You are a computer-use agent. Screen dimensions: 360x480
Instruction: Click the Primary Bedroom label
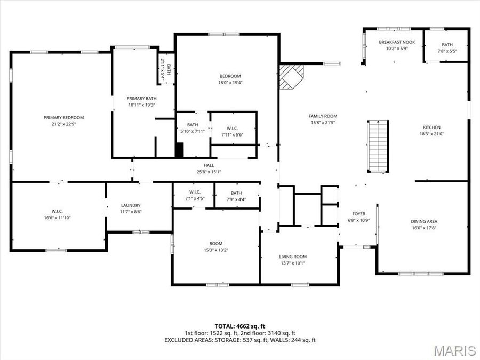[x=63, y=118]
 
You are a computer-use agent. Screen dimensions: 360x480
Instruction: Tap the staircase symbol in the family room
[x=378, y=146]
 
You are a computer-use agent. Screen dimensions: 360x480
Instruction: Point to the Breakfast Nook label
[x=397, y=42]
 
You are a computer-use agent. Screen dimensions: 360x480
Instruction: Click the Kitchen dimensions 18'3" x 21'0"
[x=431, y=134]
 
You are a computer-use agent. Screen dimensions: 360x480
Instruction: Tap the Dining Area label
[x=424, y=221]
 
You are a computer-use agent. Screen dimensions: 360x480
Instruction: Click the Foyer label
[x=358, y=214]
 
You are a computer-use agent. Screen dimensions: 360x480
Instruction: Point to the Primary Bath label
[x=141, y=99]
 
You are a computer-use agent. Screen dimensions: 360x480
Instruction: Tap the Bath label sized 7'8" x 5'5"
[x=447, y=45]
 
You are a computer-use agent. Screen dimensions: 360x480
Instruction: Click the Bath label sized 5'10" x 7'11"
[x=192, y=125]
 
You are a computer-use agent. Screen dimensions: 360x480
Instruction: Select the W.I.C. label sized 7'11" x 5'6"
[x=233, y=128]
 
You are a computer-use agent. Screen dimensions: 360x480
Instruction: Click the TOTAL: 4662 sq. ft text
[x=239, y=326]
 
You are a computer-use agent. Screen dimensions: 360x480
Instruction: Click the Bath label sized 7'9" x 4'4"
[x=236, y=193]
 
